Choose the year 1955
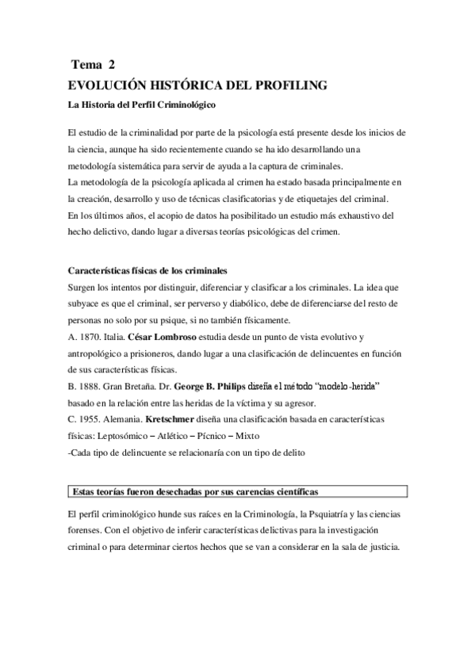91,421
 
